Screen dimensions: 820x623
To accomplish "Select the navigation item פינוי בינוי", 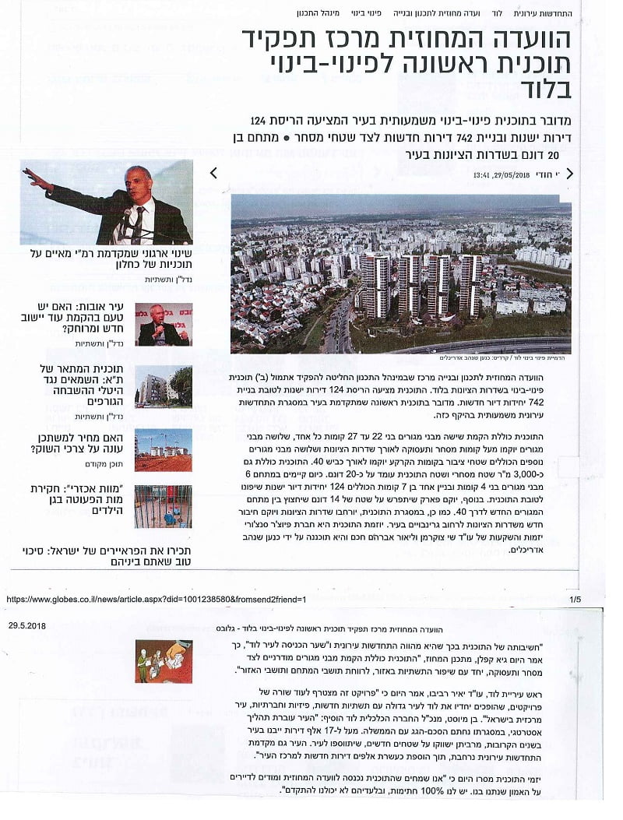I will coord(364,14).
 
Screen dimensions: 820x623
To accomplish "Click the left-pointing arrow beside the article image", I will coord(213,174).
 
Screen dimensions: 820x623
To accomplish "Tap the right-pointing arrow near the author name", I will coord(569,174).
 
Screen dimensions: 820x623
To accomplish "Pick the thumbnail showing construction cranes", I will coord(163,450).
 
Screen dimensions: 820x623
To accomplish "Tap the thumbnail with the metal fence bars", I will coord(163,506).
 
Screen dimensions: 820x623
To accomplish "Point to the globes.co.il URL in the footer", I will coord(156,600).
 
